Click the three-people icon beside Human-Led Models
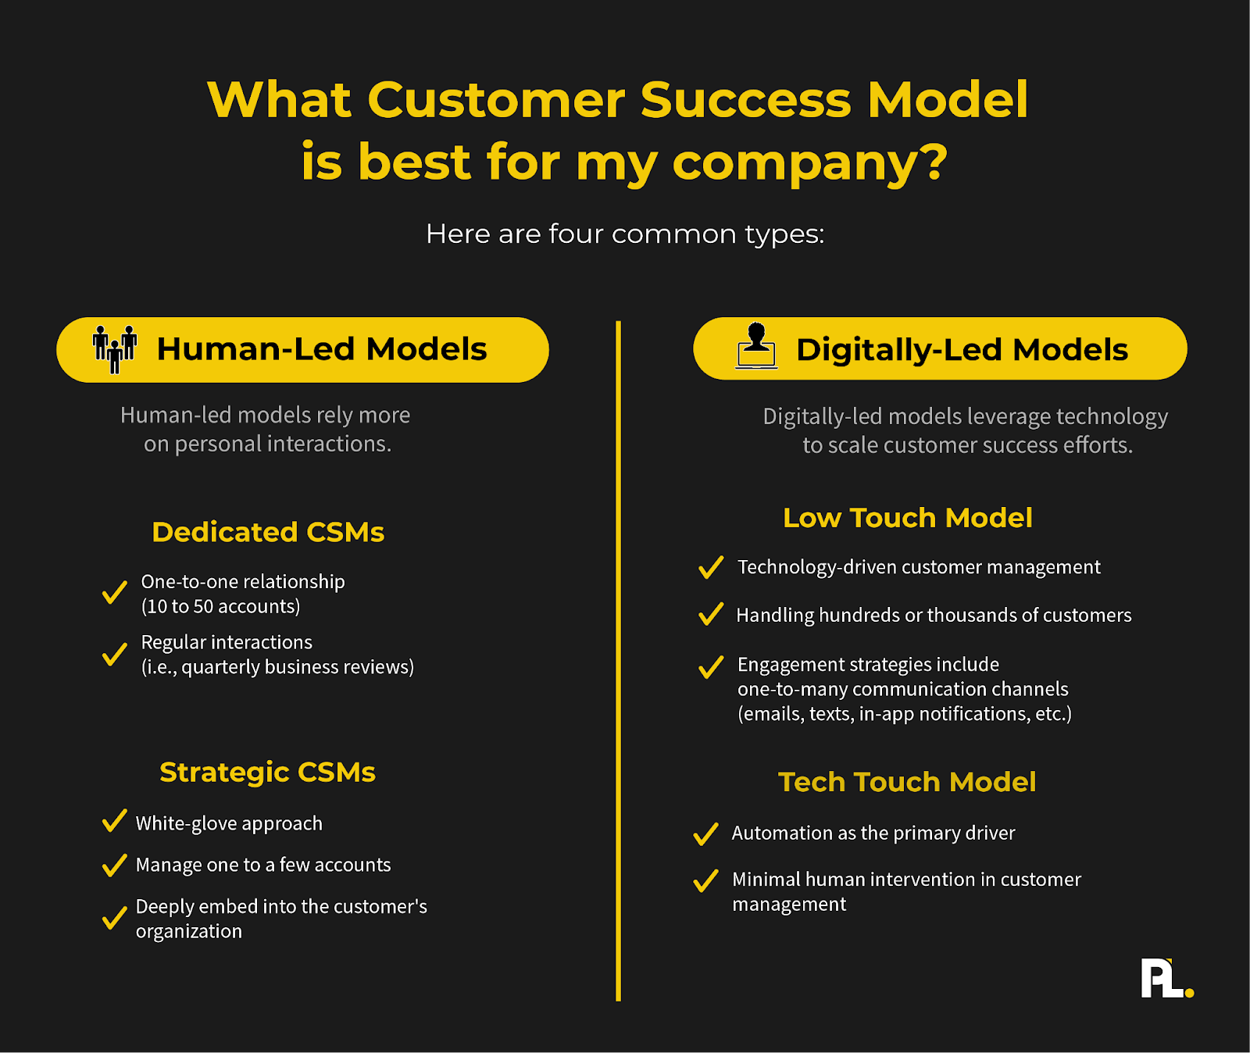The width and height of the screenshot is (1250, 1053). click(x=115, y=349)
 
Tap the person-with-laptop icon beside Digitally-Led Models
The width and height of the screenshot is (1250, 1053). click(x=756, y=345)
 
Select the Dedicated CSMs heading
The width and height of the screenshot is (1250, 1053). click(x=268, y=532)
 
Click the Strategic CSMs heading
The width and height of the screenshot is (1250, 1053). click(x=267, y=772)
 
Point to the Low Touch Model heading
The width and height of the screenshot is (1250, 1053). click(x=908, y=518)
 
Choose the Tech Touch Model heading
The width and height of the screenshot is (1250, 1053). click(x=907, y=782)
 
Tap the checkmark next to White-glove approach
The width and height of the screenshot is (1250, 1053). click(x=114, y=821)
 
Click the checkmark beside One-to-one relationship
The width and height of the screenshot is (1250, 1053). click(x=114, y=592)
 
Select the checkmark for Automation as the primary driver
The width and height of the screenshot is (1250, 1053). click(x=705, y=833)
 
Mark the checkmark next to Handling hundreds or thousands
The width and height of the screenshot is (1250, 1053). click(x=711, y=614)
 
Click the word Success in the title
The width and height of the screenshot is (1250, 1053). click(x=745, y=100)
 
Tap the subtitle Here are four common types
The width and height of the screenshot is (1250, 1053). click(x=625, y=234)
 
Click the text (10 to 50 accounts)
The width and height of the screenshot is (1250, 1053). click(x=220, y=606)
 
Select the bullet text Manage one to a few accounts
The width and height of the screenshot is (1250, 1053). click(x=263, y=865)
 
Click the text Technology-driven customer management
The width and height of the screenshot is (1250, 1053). click(x=919, y=567)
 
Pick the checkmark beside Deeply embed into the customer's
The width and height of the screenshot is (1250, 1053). click(x=114, y=918)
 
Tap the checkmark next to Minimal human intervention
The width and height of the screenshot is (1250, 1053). click(x=705, y=880)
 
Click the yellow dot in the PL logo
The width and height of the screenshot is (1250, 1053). click(x=1189, y=993)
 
